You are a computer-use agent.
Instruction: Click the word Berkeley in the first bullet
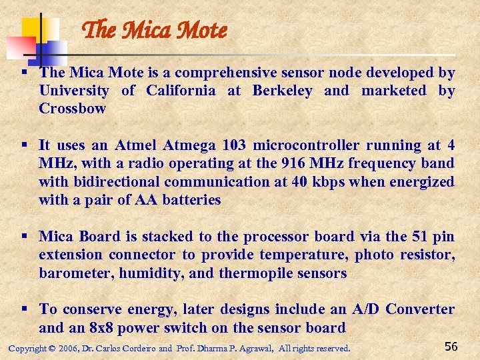coord(282,91)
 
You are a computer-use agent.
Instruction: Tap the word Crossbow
coord(72,109)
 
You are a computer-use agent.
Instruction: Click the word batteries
coord(188,199)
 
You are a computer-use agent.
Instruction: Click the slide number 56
coord(451,346)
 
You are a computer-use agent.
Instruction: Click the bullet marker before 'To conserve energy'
coord(24,309)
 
